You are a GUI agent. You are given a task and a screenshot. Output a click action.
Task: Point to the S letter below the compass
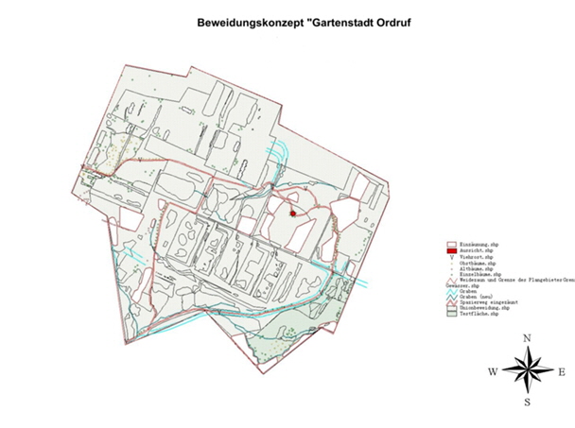tap(528, 402)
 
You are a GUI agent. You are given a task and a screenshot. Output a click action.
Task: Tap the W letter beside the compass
tap(493, 372)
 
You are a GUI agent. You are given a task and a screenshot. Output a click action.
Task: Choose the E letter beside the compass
tap(563, 372)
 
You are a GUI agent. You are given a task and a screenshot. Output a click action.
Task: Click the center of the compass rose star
tap(528, 370)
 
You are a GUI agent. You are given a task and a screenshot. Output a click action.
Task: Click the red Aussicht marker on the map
tap(292, 214)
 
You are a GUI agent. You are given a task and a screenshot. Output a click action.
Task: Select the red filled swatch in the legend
tap(452, 249)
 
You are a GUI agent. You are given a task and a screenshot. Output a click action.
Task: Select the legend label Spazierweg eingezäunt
tap(491, 301)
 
